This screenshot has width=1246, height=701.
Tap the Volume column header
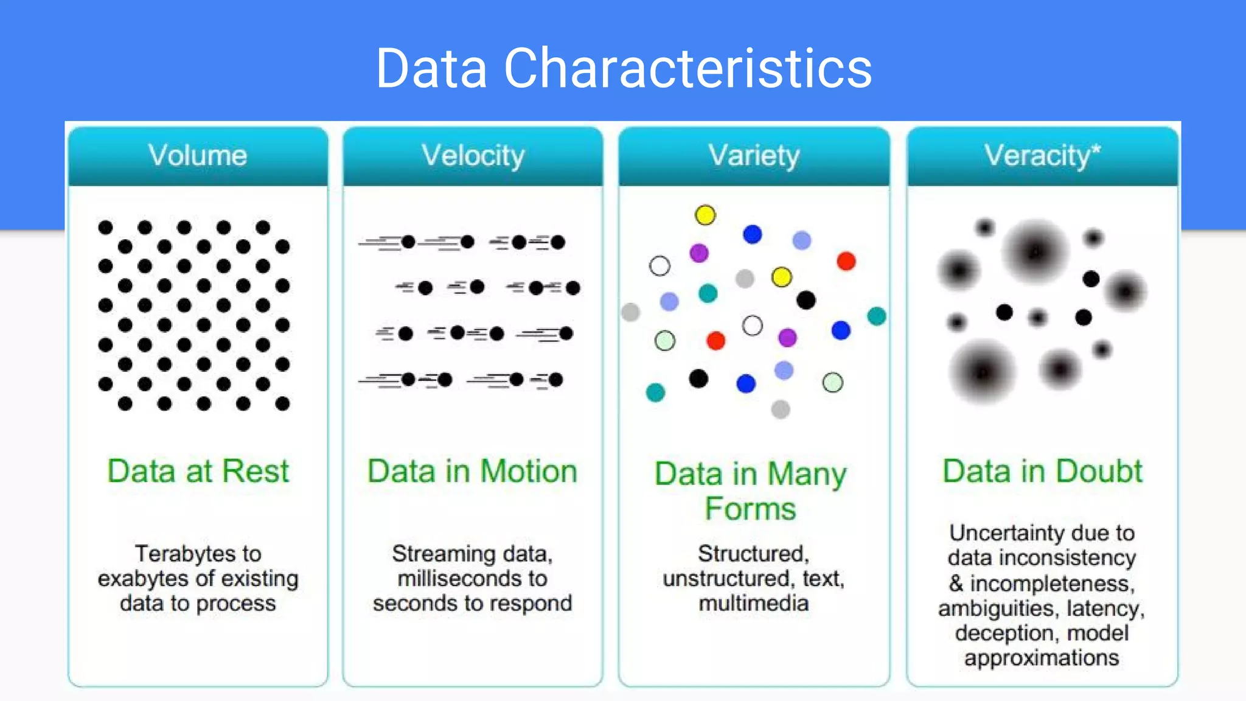click(x=198, y=156)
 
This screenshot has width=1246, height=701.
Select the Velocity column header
click(x=473, y=156)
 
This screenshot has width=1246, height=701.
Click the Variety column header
click(x=754, y=156)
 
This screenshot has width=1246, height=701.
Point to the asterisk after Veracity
click(x=1096, y=148)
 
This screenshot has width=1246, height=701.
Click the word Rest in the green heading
click(x=255, y=472)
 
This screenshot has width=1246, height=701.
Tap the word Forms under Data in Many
click(x=750, y=509)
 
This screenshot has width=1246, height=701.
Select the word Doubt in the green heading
click(x=1099, y=472)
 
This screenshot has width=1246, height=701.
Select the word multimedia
click(x=754, y=604)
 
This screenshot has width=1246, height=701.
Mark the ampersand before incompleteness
click(x=956, y=584)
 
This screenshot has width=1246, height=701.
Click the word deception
click(x=1004, y=633)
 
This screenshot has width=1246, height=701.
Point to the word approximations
click(x=1042, y=658)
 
